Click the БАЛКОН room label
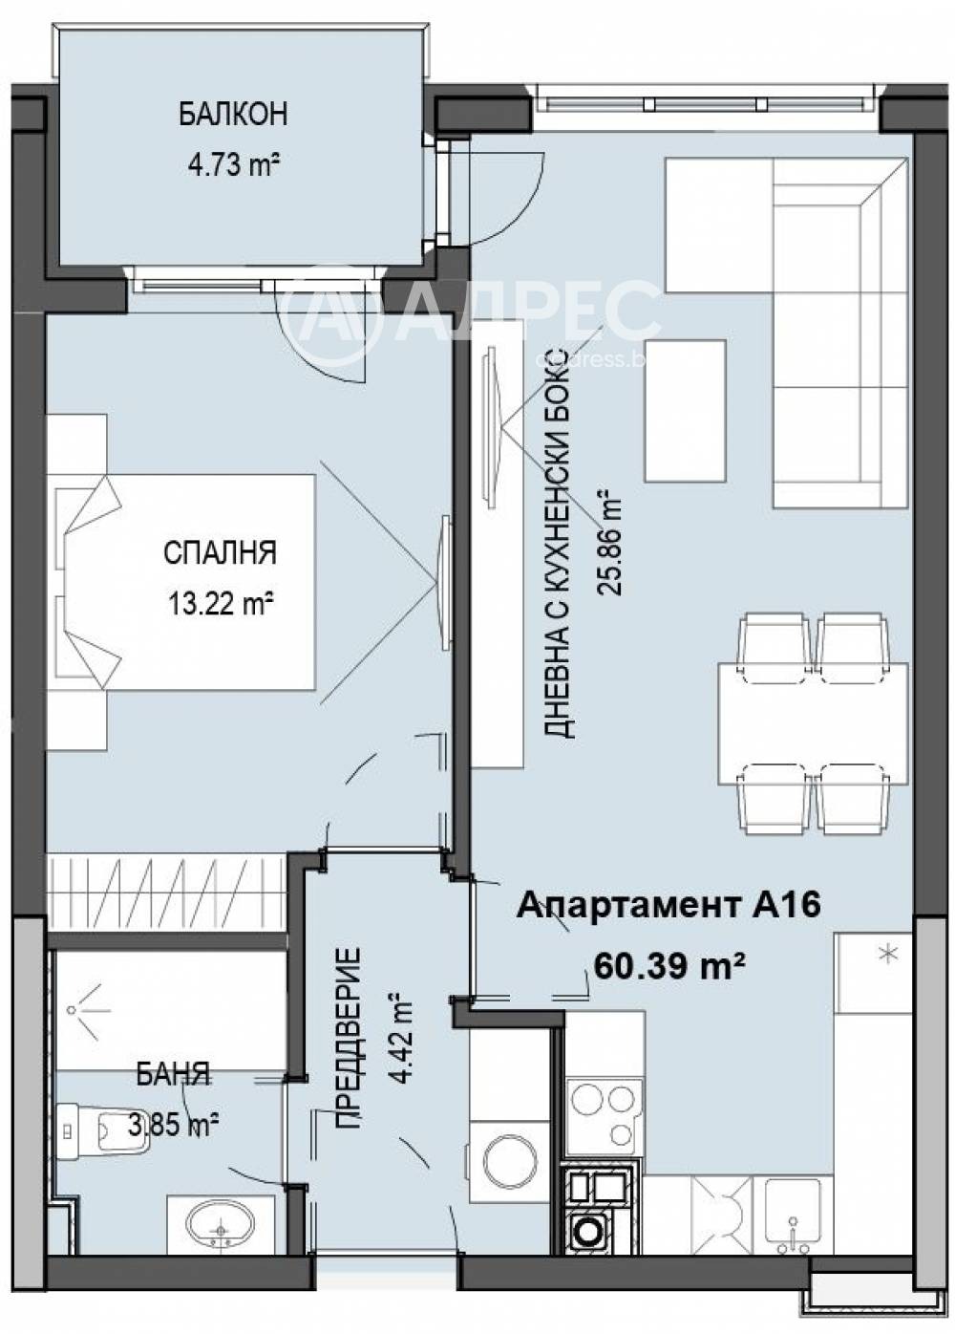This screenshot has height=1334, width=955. (232, 115)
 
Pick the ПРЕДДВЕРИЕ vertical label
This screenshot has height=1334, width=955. (350, 1038)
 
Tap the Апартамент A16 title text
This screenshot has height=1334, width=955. (668, 904)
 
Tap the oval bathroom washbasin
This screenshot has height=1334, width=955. (221, 1223)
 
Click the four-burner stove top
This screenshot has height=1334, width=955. (602, 1112)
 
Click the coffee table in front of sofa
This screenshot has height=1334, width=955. (684, 411)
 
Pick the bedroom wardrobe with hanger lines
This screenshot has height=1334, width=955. (166, 890)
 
